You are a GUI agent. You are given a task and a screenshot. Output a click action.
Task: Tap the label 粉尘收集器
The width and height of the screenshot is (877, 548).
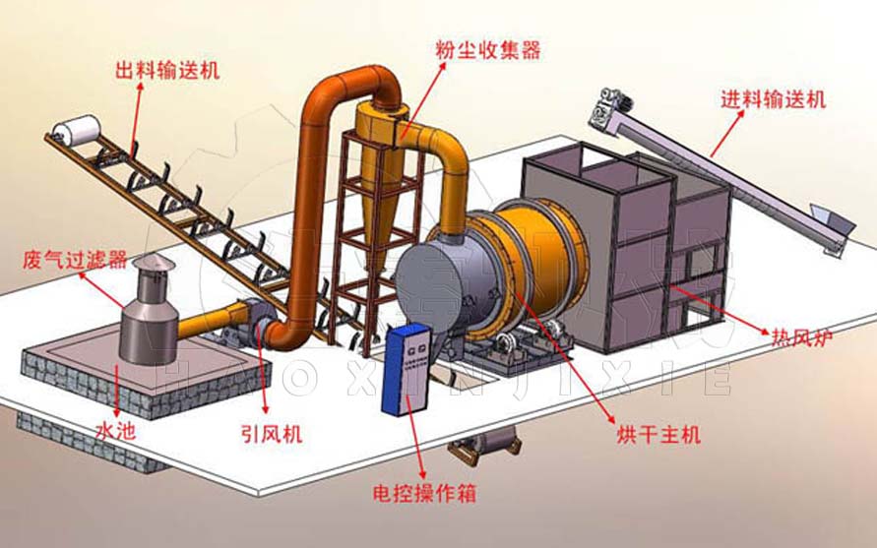[488, 49]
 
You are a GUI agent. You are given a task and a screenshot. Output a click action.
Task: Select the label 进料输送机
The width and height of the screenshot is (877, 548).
[773, 99]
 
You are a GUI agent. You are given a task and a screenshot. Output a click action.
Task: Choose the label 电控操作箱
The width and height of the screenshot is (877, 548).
[425, 493]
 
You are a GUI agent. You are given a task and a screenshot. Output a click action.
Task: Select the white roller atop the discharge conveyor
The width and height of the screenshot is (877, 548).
[79, 130]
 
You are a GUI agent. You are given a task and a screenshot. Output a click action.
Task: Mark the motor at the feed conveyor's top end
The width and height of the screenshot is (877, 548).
[609, 105]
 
